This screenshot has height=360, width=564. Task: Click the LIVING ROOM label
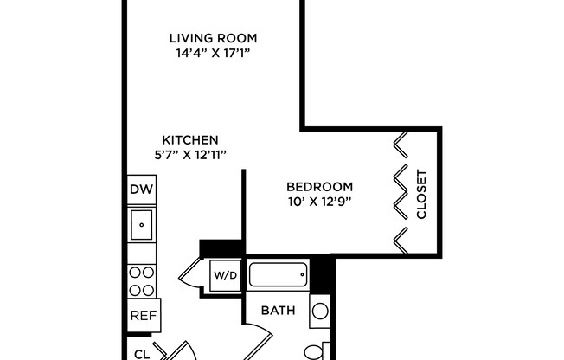(x=213, y=38)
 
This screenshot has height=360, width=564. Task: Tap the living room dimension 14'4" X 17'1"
(x=213, y=53)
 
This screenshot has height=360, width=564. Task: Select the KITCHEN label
(x=190, y=139)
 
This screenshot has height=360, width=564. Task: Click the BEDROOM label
(x=319, y=187)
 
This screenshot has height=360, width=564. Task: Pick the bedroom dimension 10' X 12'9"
(x=319, y=202)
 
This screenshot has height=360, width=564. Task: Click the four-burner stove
(x=141, y=280)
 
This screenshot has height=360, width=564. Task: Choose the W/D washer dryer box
(x=225, y=275)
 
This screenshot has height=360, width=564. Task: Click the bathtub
(x=278, y=275)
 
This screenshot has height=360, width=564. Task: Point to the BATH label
(x=278, y=311)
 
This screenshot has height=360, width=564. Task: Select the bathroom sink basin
(x=319, y=312)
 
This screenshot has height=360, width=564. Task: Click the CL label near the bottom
(x=142, y=353)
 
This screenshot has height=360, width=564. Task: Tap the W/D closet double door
(x=190, y=276)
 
